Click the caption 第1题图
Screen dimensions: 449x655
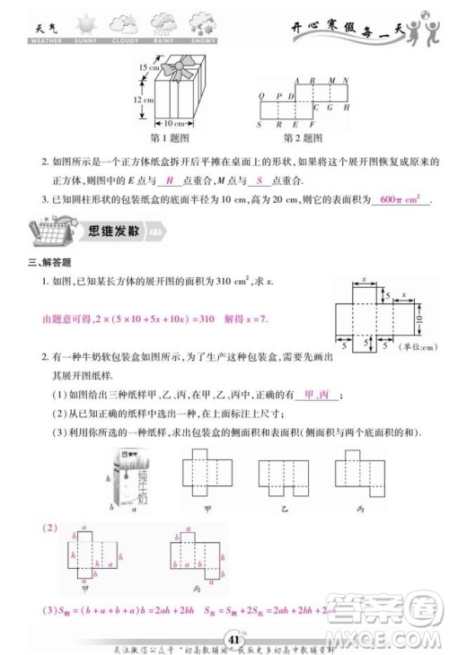coord(172,138)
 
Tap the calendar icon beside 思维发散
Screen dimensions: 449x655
coord(46,228)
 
